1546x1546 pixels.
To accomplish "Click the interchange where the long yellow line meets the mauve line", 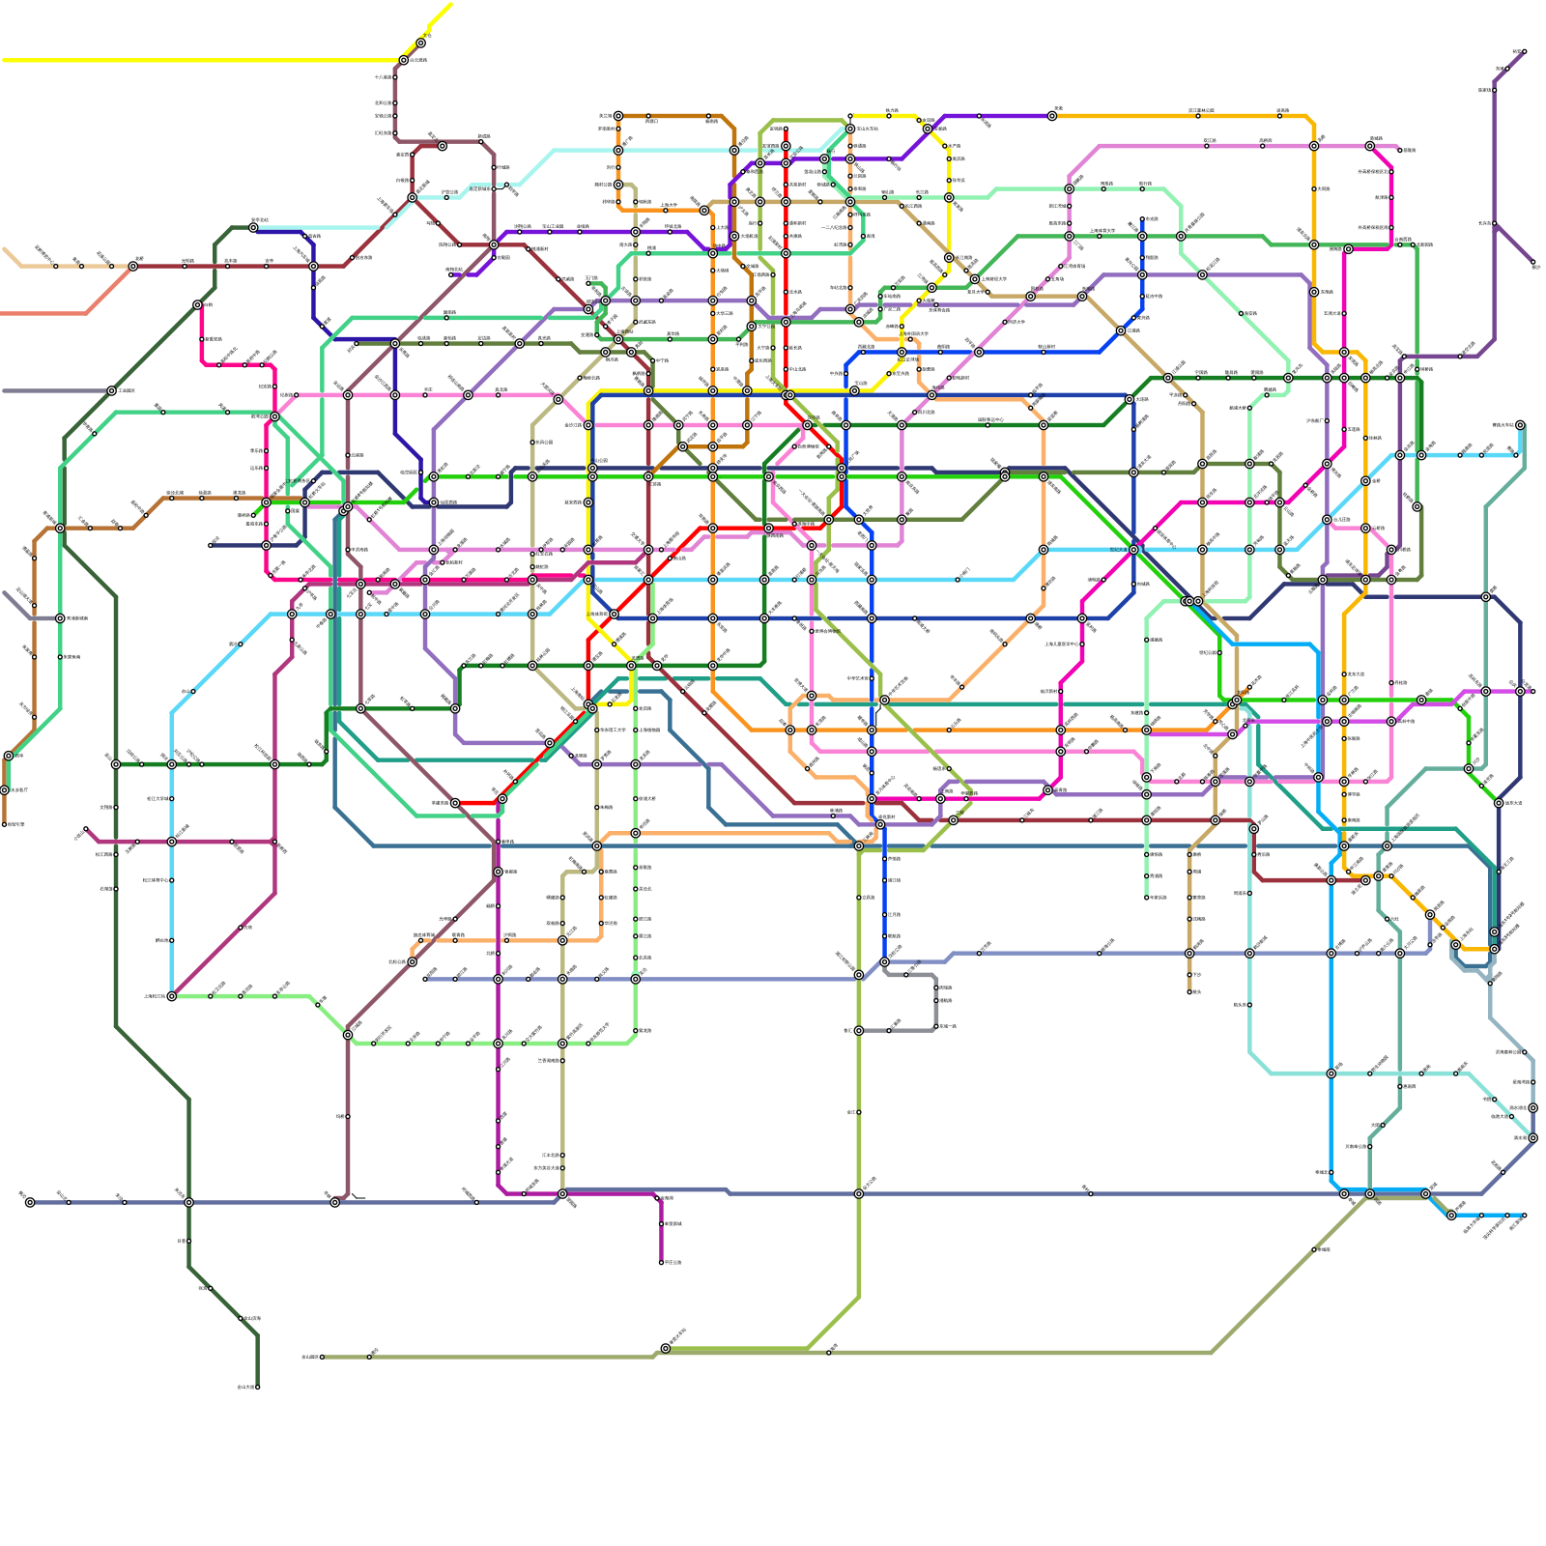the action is [x=404, y=60].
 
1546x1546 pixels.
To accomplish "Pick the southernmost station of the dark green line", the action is [x=257, y=1387].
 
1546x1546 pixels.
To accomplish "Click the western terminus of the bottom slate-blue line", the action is [x=30, y=1202].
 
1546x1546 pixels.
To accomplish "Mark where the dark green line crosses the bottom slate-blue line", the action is [x=188, y=1202].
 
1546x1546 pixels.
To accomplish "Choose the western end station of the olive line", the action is [x=322, y=1357].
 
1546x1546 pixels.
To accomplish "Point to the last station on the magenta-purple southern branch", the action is [x=662, y=1262].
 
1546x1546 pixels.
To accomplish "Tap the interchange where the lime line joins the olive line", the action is [x=665, y=1348].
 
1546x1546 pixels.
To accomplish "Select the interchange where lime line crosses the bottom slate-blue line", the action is [x=858, y=1194].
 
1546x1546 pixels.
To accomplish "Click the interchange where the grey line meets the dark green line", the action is [x=112, y=390].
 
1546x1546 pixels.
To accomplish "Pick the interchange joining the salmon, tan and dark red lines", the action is [x=133, y=266].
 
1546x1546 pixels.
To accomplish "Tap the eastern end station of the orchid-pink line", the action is [x=1400, y=151].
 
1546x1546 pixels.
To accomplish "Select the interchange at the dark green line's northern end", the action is [x=253, y=227].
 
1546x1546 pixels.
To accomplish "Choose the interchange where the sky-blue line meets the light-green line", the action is [x=172, y=996].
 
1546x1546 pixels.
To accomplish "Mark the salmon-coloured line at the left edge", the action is [x=39, y=313].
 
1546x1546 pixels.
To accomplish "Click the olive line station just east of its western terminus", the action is [x=370, y=1357].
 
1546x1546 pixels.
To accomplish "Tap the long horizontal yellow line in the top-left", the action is [x=193, y=60].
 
